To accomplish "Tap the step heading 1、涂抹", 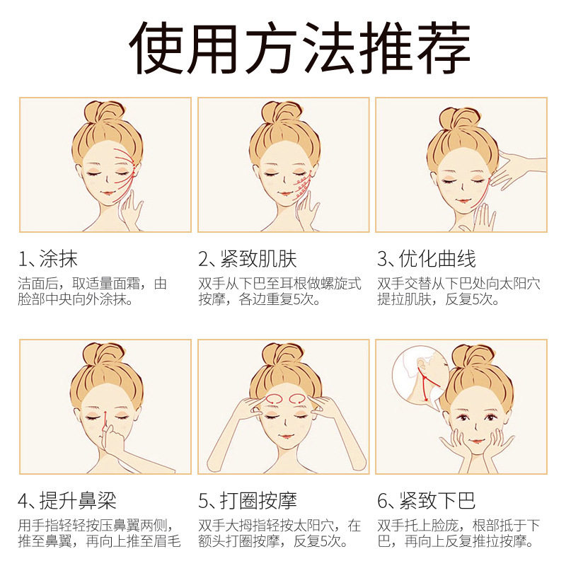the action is (48, 259).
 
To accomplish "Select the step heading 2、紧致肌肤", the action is (247, 259).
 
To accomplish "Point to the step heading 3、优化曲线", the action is (427, 259).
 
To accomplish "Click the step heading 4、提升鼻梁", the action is (67, 501).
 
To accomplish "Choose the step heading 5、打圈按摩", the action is (247, 501).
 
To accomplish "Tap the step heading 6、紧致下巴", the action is (427, 501).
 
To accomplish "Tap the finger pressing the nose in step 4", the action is (107, 432).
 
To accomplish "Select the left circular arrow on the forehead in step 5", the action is (274, 399).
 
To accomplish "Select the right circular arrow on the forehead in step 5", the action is (298, 399).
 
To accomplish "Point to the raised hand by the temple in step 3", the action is (516, 168).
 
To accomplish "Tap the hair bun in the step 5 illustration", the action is (282, 356).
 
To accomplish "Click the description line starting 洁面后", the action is (93, 284).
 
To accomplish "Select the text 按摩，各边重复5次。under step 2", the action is (259, 299).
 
